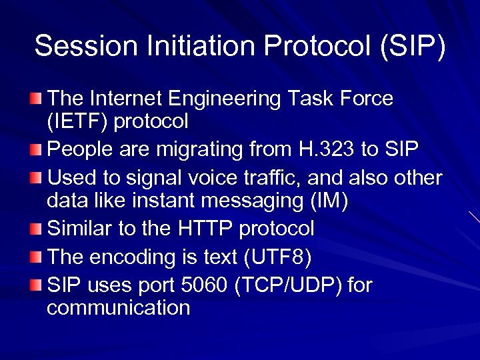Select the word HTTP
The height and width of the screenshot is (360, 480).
point(206,229)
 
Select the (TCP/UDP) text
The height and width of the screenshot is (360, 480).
point(289,285)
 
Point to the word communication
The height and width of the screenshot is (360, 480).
point(119,308)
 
